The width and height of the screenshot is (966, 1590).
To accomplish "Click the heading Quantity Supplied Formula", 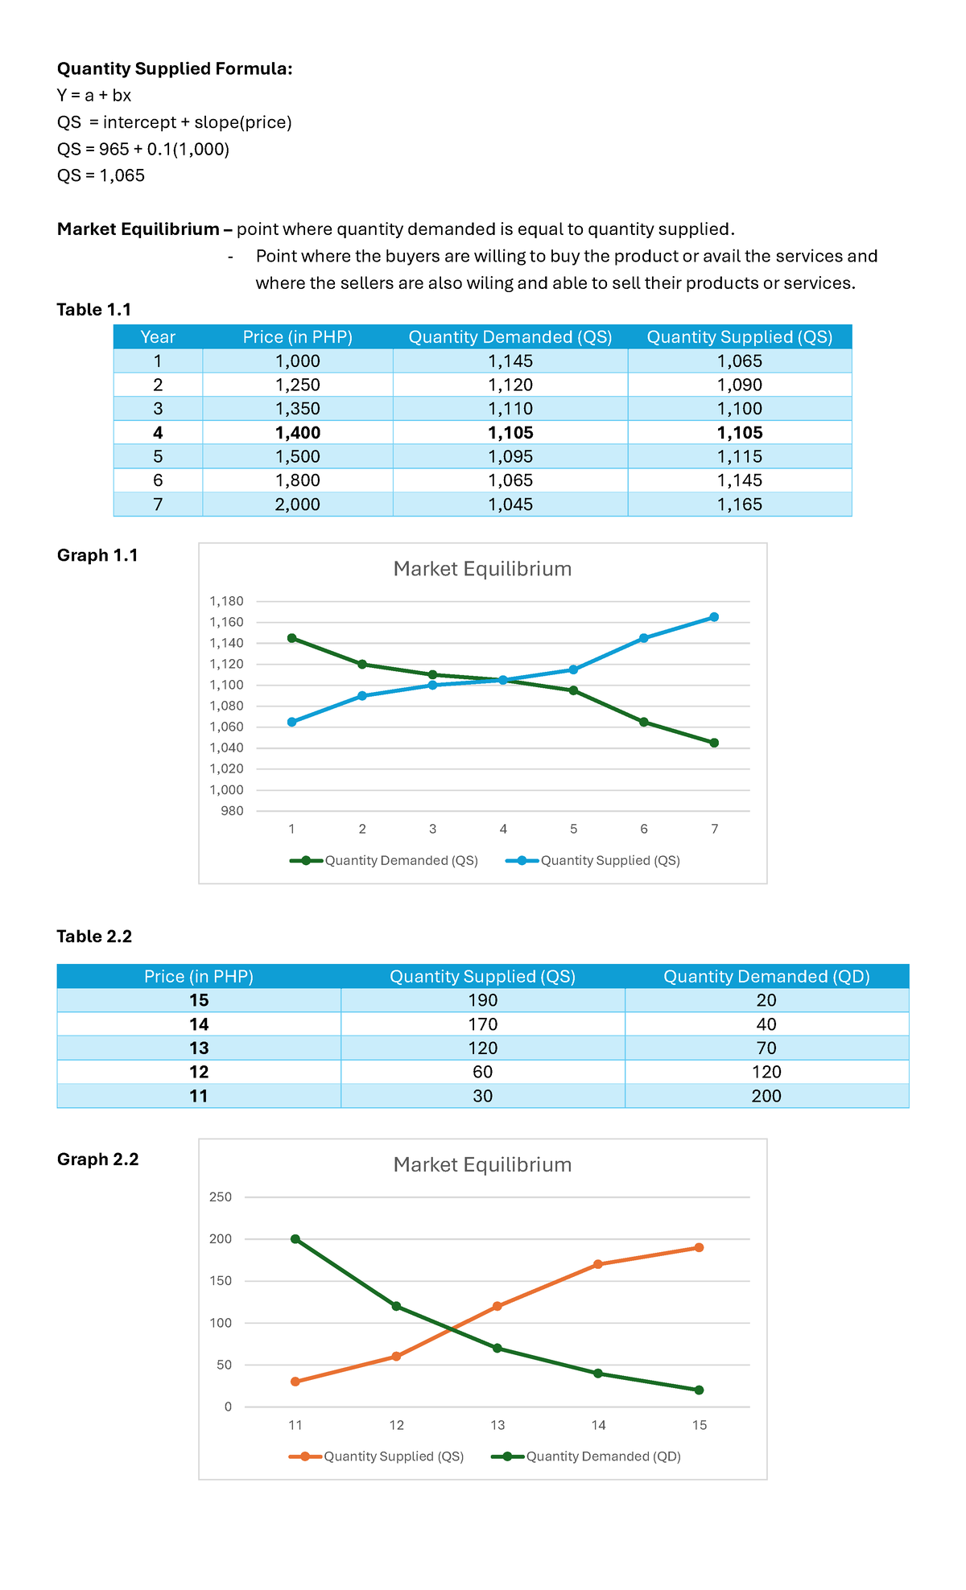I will coord(175,69).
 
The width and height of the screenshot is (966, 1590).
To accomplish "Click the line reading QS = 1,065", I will coord(101,175).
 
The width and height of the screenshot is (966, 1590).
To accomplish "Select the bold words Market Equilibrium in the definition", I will coord(138,229).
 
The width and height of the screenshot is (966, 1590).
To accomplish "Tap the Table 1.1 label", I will coord(94,310).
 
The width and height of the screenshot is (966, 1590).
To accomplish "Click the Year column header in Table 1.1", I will coord(158,337).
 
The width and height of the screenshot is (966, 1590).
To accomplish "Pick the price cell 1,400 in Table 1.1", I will coord(297,433).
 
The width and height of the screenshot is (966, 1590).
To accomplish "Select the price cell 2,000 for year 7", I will coord(297,505).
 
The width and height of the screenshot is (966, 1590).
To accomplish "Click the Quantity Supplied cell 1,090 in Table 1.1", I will coord(739,385).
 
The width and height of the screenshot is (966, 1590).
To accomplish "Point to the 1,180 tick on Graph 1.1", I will coord(226,601).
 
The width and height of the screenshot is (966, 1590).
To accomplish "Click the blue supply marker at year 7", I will coord(714,617).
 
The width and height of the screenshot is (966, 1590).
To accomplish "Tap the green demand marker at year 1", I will coord(291,638).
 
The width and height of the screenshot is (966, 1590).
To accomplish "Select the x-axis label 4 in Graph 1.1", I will coord(503,829).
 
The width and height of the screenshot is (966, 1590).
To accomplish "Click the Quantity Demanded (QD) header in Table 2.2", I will coord(766,977).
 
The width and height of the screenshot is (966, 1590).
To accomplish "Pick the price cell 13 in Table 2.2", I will coord(199,1048).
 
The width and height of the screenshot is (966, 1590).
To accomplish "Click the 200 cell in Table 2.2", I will coord(766,1096).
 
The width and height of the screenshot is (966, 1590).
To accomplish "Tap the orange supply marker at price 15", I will coord(699,1248).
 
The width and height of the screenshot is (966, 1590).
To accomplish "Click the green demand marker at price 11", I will coord(295,1239).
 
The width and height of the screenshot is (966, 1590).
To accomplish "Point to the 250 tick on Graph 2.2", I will coord(221,1197).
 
